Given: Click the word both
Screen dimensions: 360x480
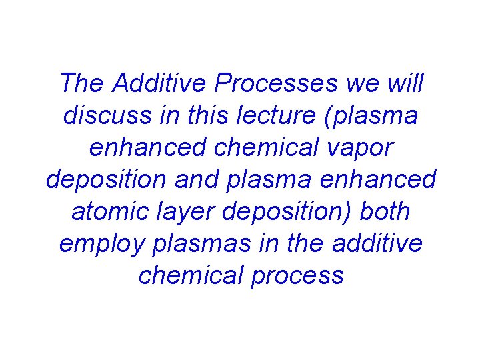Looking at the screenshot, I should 385,211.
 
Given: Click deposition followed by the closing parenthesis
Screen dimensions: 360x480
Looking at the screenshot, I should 287,213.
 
